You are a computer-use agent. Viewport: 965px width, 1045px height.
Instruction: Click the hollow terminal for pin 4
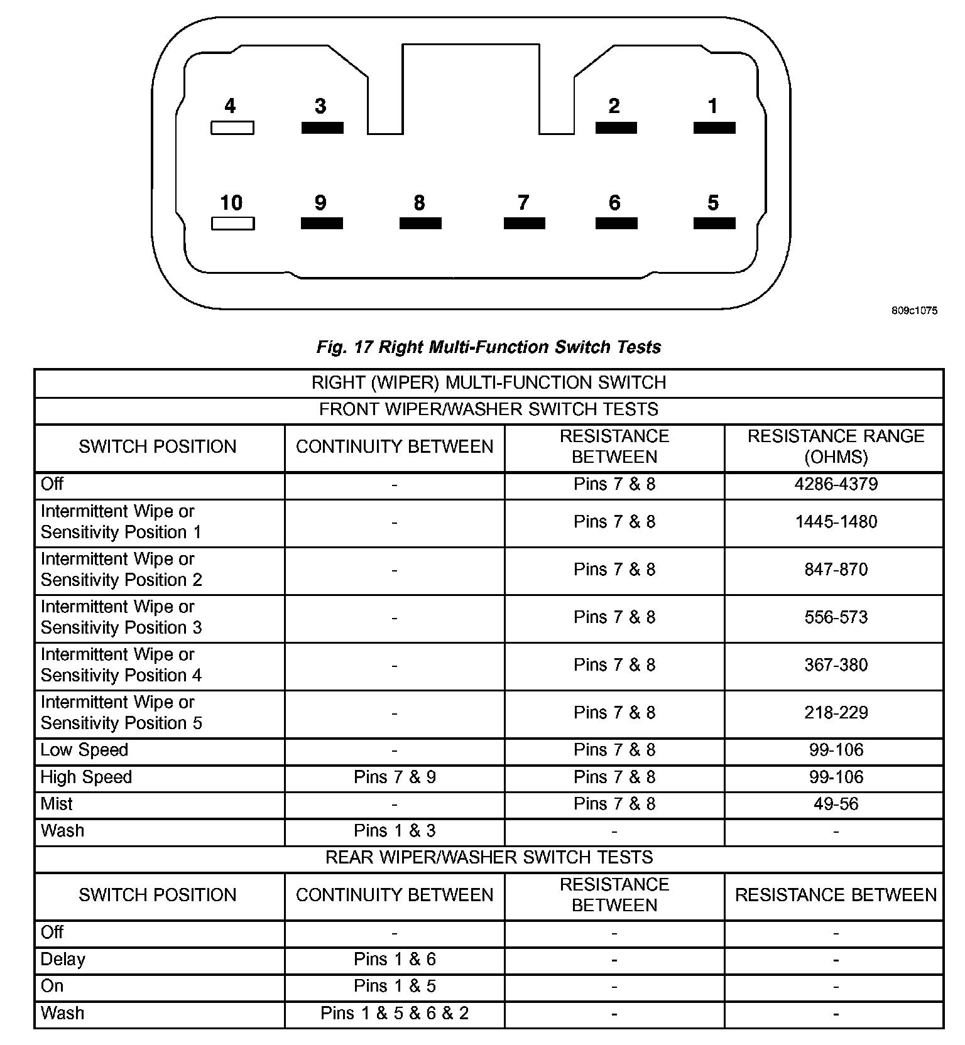232,128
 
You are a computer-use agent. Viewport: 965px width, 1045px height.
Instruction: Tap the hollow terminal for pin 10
232,224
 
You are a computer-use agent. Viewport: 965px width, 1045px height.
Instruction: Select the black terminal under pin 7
525,224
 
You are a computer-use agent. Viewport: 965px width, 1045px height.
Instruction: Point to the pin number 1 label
712,106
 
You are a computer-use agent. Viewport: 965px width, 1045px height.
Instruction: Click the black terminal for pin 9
322,224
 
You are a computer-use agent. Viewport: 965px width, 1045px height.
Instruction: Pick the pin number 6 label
614,203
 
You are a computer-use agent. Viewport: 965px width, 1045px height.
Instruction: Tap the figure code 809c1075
914,311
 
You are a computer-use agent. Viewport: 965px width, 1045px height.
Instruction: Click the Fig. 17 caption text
489,347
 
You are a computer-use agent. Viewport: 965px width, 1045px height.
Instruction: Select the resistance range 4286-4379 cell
836,484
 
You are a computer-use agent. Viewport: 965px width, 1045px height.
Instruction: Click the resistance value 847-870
836,570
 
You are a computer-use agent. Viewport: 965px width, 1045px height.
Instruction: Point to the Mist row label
57,804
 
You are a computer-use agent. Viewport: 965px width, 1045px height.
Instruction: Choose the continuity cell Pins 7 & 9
395,777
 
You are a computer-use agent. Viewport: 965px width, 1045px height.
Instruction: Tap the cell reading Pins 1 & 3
395,831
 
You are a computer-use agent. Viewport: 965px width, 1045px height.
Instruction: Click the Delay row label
63,960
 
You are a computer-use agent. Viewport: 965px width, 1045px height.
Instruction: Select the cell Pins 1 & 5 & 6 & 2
395,1013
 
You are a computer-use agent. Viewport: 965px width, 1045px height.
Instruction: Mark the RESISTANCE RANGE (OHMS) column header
836,447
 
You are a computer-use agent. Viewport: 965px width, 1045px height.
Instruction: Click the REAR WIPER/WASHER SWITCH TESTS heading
489,857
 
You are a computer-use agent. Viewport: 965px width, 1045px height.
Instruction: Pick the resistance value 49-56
836,804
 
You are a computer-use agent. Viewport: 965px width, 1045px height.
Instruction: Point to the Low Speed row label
84,750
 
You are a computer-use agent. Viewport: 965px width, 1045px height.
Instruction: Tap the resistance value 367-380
836,665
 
